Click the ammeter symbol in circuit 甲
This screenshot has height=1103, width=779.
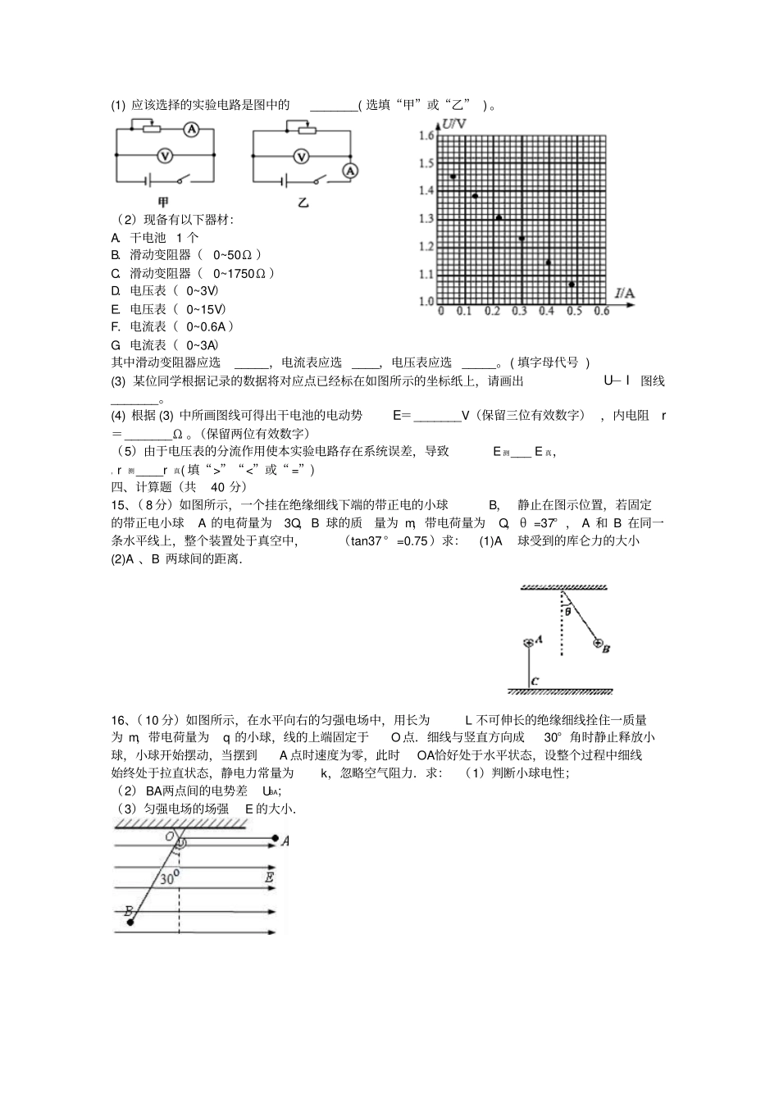tap(191, 130)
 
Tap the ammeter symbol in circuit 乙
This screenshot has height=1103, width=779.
tap(350, 170)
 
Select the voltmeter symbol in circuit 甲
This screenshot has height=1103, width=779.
tap(164, 155)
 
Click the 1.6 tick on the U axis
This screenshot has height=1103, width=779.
tap(426, 135)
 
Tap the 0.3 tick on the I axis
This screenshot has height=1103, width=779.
tap(519, 312)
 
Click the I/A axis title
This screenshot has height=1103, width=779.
tap(626, 293)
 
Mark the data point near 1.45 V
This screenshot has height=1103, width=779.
tap(453, 176)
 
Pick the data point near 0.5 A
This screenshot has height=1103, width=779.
tap(572, 285)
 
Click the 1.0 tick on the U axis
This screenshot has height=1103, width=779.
tap(426, 301)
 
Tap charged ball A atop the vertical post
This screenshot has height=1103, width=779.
tap(529, 641)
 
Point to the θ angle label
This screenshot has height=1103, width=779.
tap(567, 611)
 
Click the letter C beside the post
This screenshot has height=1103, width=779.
tap(535, 681)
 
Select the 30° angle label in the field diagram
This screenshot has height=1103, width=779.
tap(169, 878)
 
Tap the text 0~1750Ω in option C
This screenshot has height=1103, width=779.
tap(244, 273)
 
